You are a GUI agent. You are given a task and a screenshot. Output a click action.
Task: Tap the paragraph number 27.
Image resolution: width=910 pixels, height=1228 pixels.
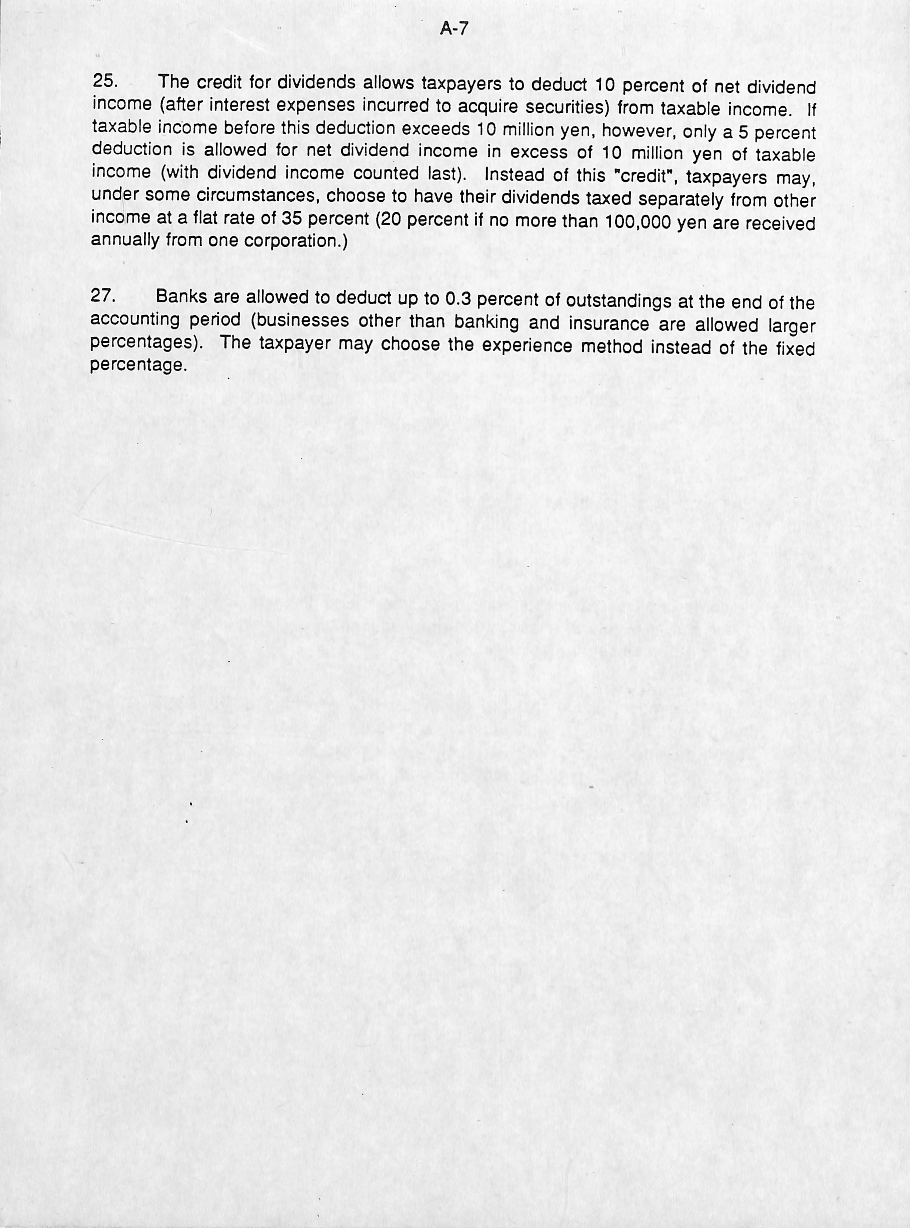[x=103, y=296]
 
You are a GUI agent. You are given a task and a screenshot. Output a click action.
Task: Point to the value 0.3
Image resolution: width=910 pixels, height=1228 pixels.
[x=457, y=299]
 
